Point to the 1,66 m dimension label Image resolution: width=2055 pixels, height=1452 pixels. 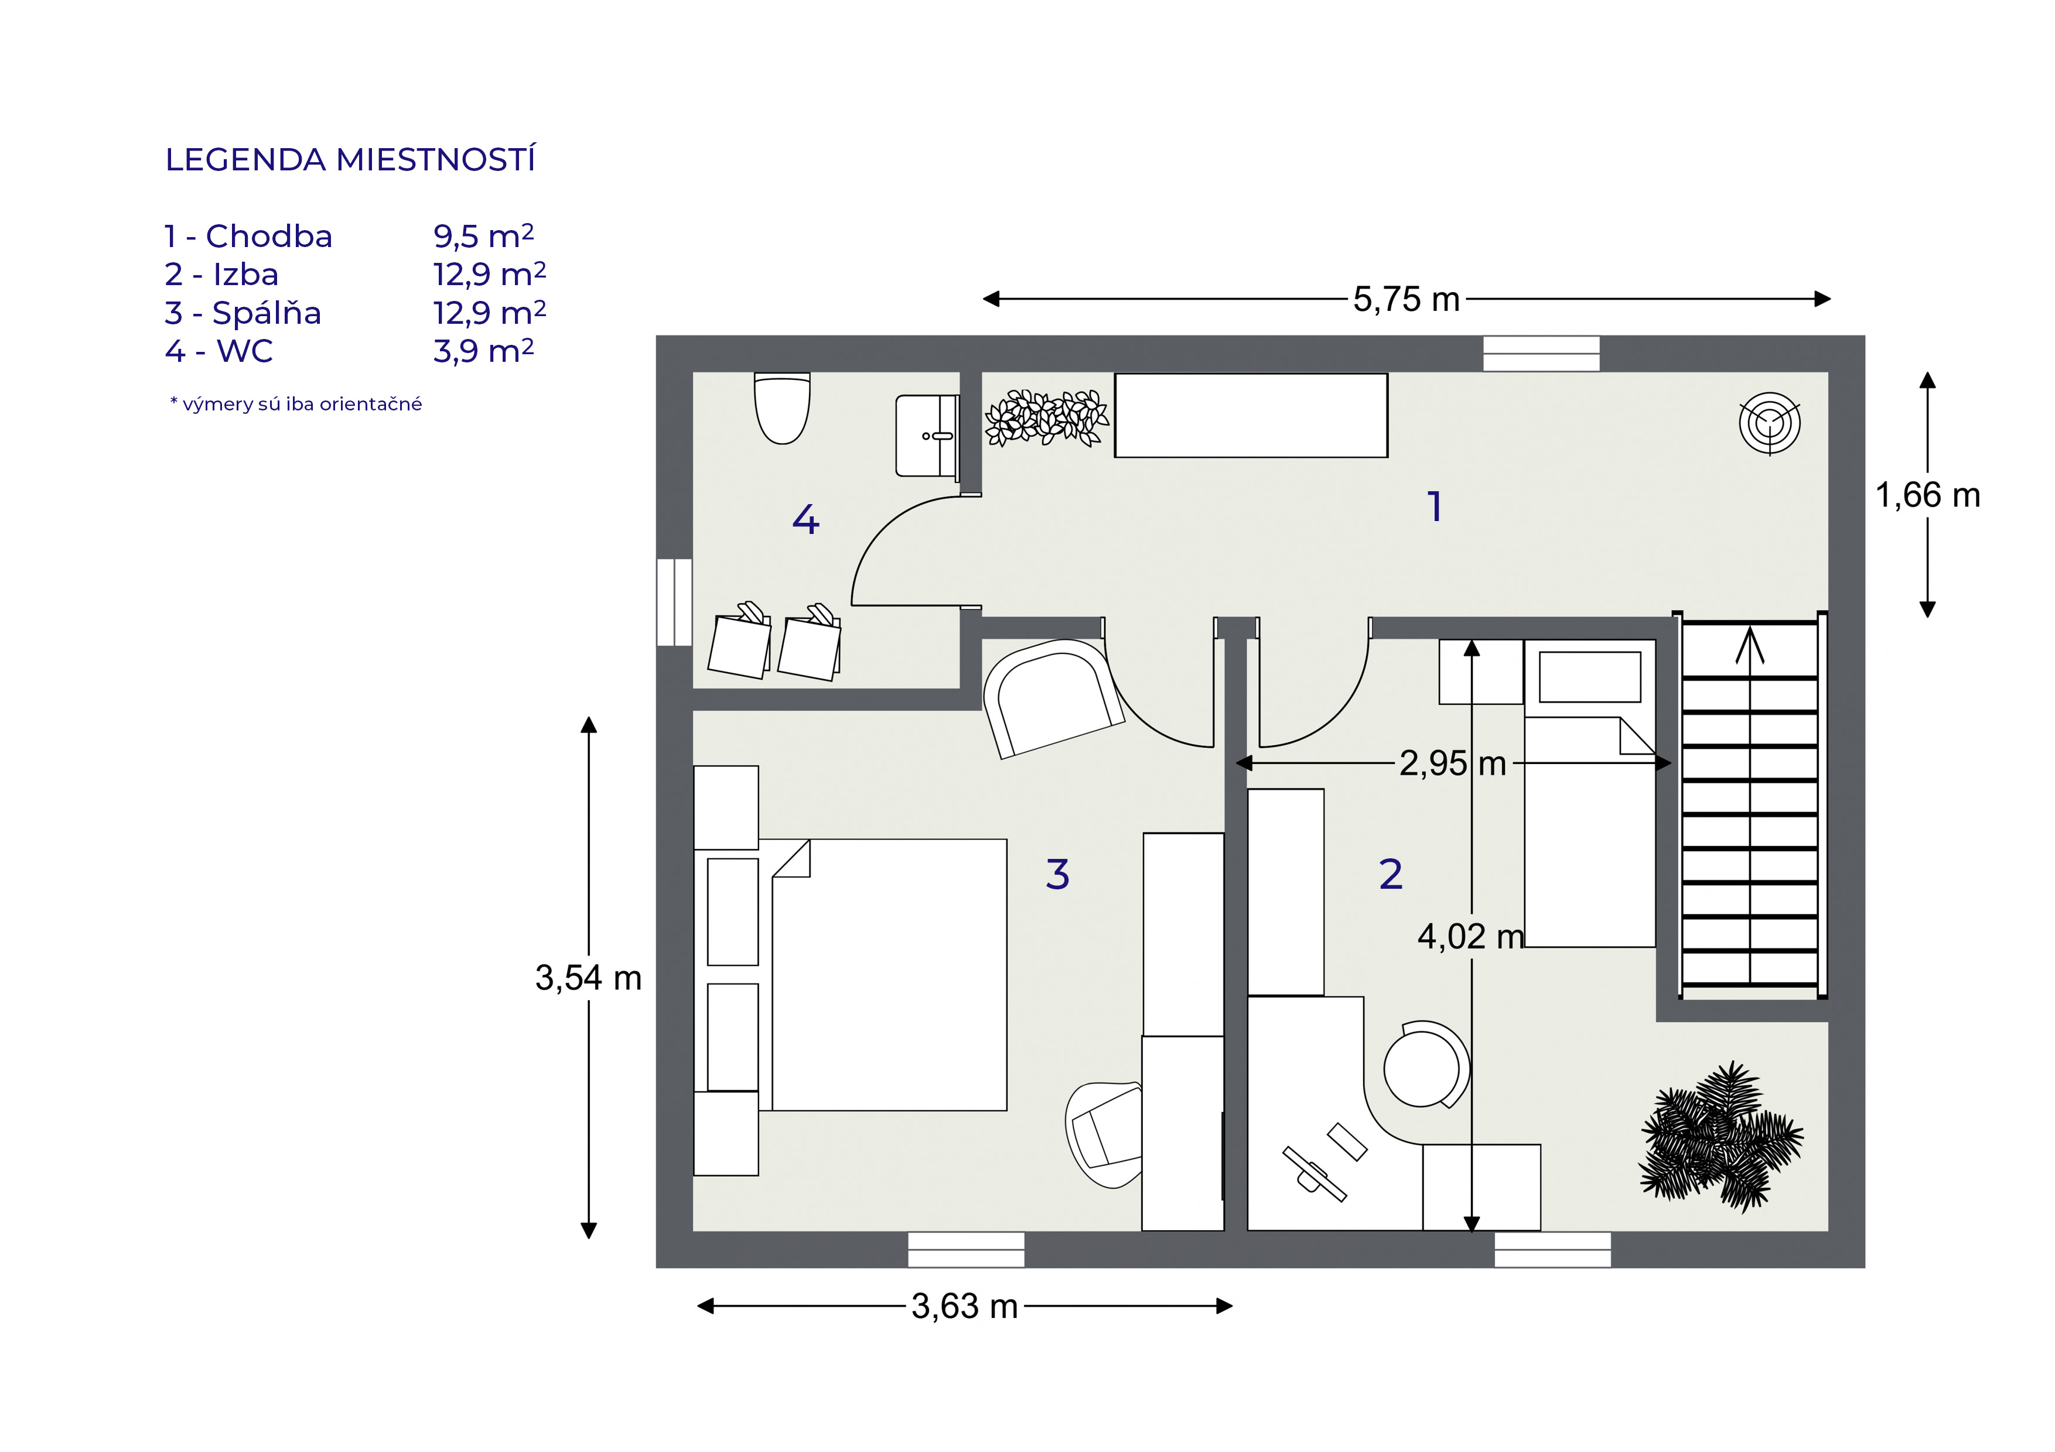pos(1928,495)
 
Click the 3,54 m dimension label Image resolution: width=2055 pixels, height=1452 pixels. pos(588,978)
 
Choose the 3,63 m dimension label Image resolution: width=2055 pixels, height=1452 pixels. pos(965,1307)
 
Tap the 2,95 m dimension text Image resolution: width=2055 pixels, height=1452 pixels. pos(1453,763)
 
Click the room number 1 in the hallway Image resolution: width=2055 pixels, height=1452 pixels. pos(1435,506)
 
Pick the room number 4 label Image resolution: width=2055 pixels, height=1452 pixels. pos(805,519)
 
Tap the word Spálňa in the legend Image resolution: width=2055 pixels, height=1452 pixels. pos(267,313)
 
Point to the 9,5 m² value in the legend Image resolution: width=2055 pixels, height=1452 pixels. pos(483,235)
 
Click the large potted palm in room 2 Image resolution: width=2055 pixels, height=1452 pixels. pos(1721,1136)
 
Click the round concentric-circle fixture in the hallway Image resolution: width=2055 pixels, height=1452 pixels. pos(1770,423)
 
